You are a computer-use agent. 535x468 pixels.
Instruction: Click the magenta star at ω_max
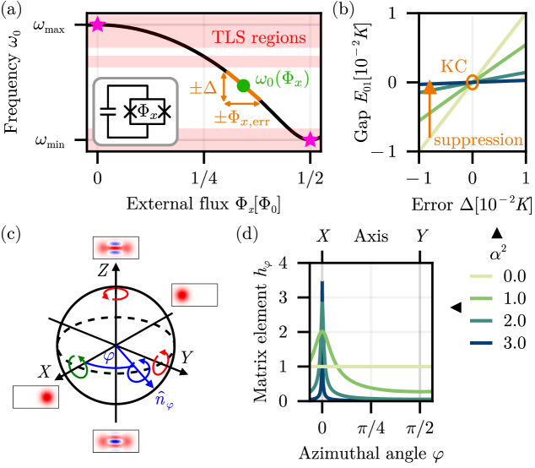(x=98, y=24)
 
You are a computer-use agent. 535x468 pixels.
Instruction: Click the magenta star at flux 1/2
(x=311, y=139)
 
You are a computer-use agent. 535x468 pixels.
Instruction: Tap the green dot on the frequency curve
(x=243, y=85)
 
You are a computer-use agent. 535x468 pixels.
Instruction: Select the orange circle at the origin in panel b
(x=473, y=83)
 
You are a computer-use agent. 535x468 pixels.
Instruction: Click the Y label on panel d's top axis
(x=420, y=237)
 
